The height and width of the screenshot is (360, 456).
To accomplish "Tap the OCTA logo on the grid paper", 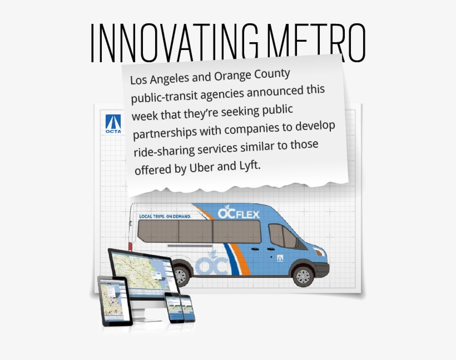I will coord(113,124).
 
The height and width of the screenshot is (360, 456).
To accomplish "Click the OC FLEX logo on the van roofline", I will coord(239,213).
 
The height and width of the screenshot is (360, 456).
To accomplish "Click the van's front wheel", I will coord(303,274).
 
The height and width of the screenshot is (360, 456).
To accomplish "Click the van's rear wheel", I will coord(181,274).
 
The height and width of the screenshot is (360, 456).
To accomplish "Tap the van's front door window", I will coord(282,236).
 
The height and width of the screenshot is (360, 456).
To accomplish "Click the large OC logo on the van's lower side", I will coord(211,264).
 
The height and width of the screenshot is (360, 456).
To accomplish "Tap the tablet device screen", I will coord(115,300).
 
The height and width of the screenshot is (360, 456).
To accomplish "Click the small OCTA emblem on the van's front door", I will coord(280,257).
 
